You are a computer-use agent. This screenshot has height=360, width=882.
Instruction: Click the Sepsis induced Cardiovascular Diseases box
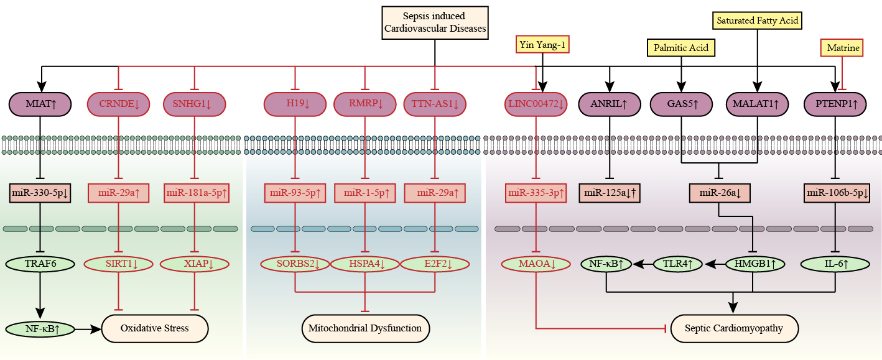point(435,22)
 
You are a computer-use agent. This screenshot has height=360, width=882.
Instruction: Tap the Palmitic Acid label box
point(682,47)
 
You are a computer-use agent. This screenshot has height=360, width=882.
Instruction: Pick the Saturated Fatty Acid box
point(757,21)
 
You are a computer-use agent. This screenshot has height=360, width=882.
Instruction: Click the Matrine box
point(842,47)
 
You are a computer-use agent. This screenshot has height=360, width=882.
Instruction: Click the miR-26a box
point(720,193)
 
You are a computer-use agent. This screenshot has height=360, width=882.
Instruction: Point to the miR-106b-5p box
point(837,193)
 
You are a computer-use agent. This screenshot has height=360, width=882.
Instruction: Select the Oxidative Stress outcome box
point(154,328)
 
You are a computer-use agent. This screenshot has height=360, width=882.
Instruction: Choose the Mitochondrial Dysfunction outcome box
point(366,328)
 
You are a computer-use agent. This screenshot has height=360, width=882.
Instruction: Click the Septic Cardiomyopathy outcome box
point(733,328)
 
